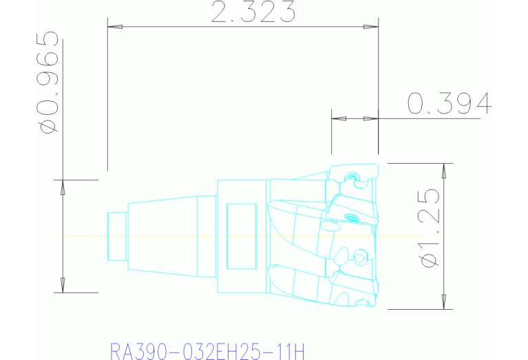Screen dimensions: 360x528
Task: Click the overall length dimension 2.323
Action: pos(253,12)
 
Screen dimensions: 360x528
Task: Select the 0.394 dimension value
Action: pos(449,103)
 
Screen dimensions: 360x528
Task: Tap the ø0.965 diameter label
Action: pos(47,81)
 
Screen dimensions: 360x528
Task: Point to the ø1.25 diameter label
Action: pos(430,228)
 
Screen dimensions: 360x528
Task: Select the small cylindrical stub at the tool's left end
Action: pos(118,237)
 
